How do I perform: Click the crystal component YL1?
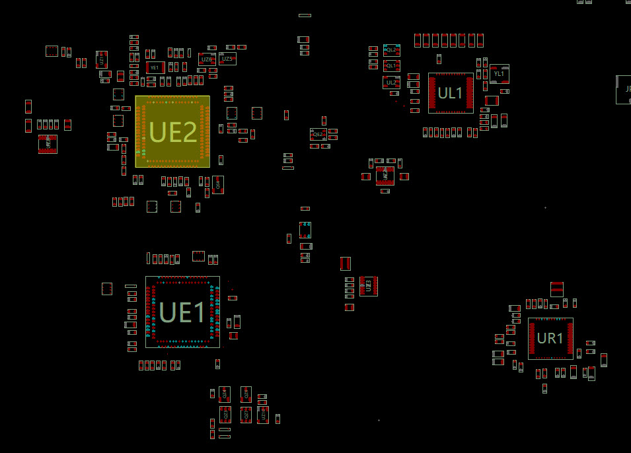tap(500, 74)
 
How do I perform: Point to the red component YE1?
tap(155, 67)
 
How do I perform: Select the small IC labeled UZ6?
tap(206, 59)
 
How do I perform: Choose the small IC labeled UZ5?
tap(227, 59)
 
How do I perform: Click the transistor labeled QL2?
tap(392, 50)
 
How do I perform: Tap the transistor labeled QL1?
tap(391, 66)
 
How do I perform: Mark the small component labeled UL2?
tap(391, 83)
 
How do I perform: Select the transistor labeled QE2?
tap(318, 134)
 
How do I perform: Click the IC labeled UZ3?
tap(369, 286)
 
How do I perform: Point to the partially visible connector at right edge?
tap(624, 90)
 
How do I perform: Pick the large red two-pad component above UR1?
tap(557, 289)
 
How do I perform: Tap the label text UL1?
tap(451, 94)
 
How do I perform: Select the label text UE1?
tap(182, 312)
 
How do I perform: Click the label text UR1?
tap(550, 339)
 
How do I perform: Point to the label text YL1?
tap(499, 74)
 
